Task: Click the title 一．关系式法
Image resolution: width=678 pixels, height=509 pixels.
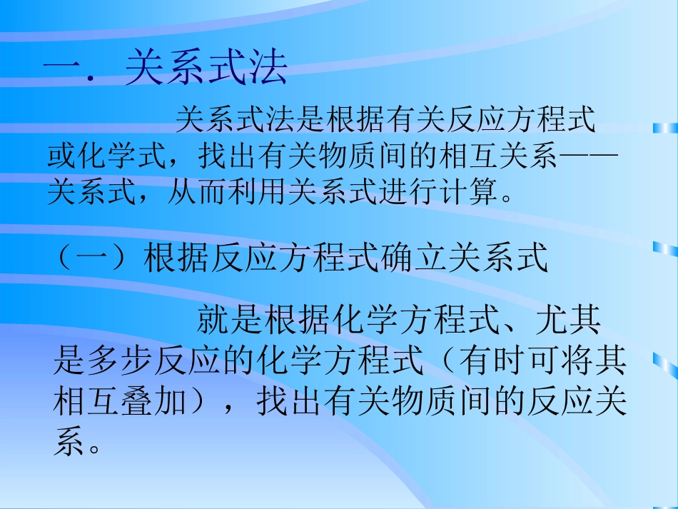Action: (x=166, y=70)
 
